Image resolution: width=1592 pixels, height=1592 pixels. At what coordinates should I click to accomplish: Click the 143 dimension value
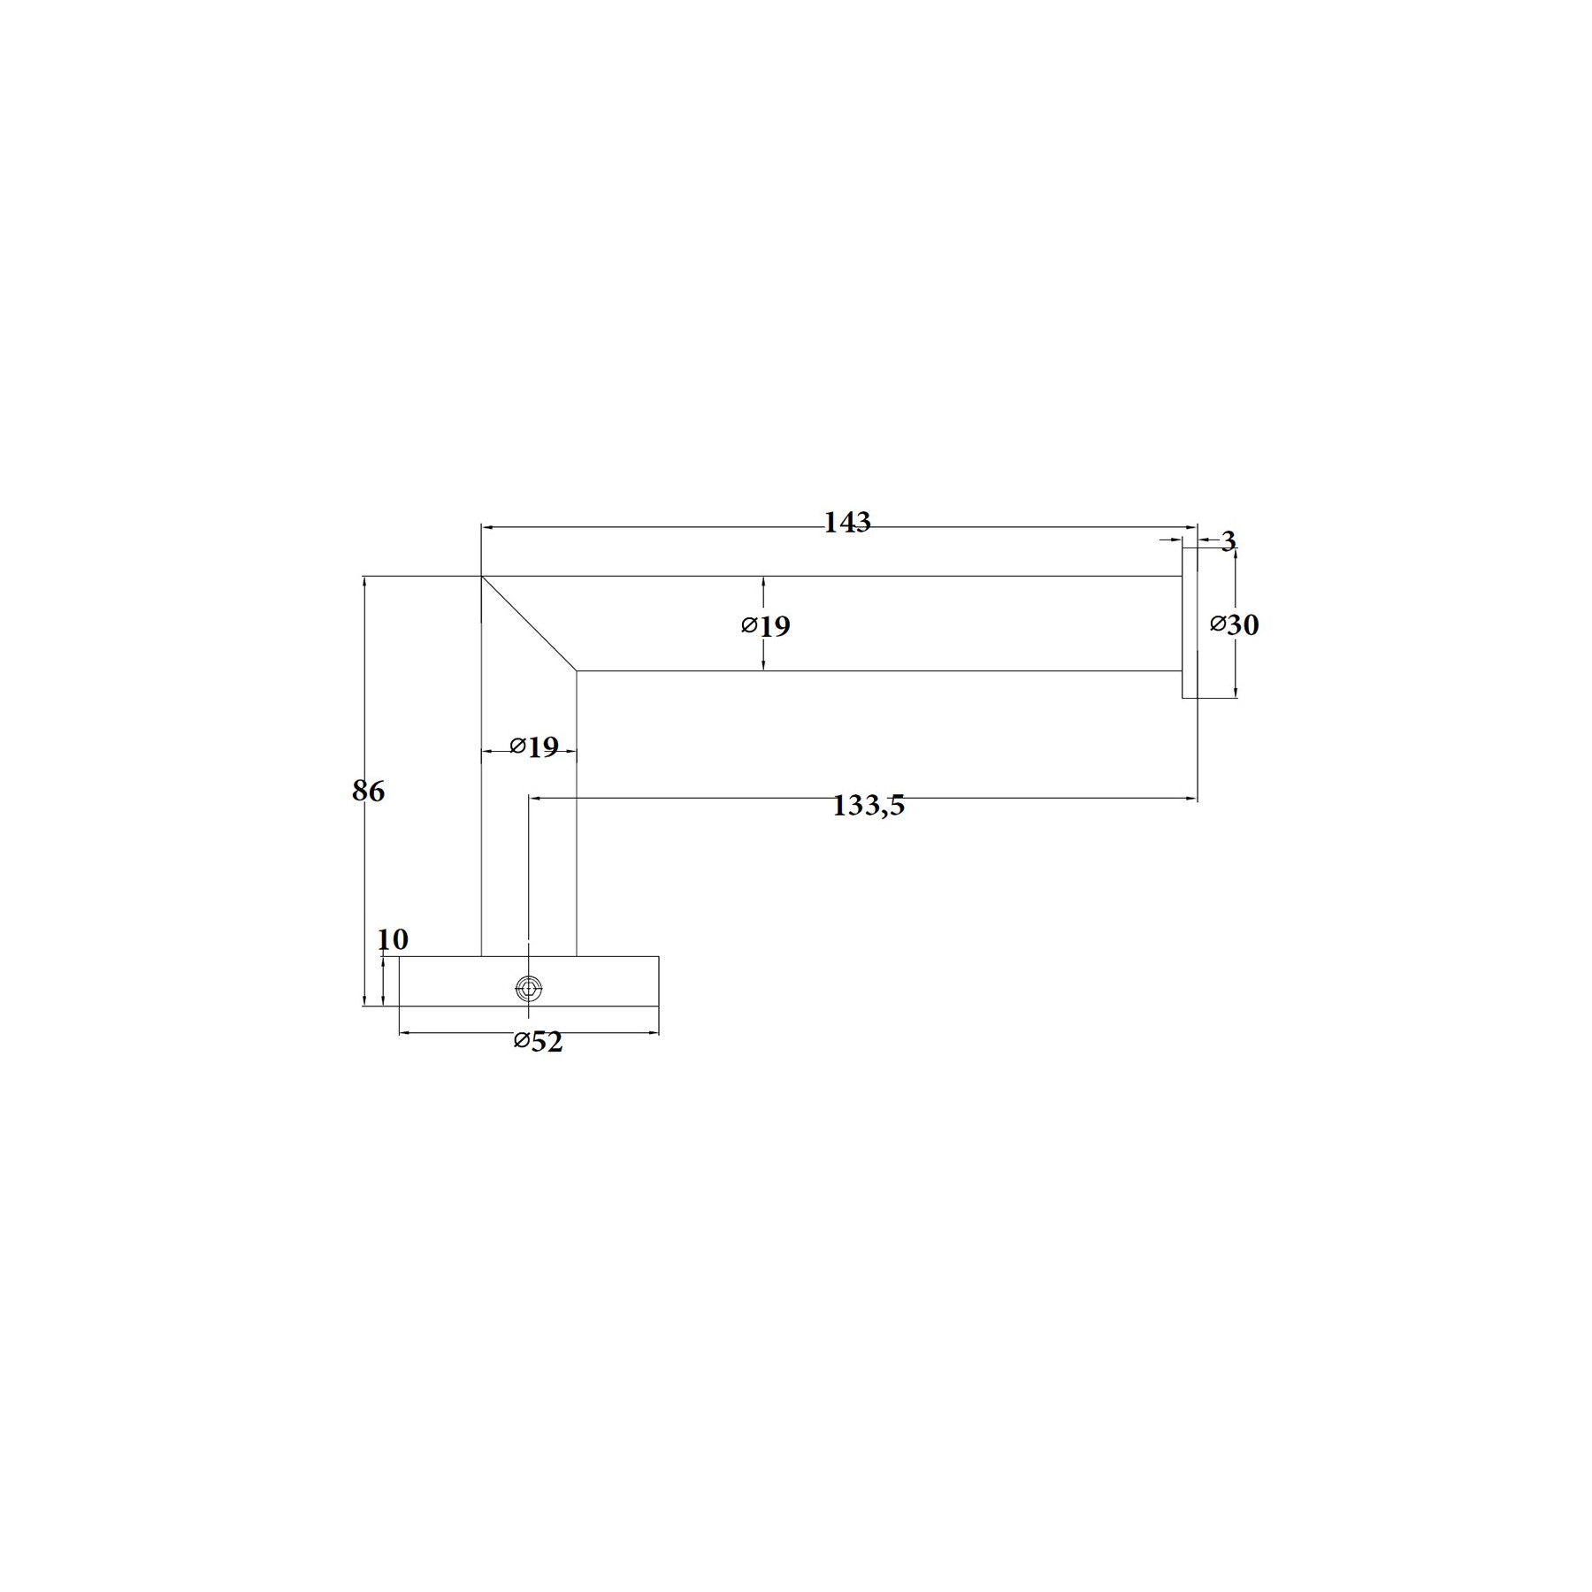(x=847, y=523)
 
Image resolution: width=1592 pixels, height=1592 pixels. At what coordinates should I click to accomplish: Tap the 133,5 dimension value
(x=869, y=807)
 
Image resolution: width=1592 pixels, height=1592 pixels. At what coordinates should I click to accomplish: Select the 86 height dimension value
(x=368, y=791)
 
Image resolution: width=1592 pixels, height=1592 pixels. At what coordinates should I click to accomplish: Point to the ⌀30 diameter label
(x=1234, y=624)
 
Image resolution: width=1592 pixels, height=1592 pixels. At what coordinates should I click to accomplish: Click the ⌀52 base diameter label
(x=538, y=1042)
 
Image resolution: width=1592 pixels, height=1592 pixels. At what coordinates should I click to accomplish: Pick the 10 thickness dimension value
(x=393, y=939)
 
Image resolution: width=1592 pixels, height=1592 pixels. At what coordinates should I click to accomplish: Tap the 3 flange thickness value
(x=1228, y=541)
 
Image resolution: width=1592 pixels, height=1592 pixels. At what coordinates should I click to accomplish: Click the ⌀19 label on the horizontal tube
(x=766, y=626)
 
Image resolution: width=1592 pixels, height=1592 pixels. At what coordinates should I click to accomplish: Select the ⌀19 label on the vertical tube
(x=534, y=747)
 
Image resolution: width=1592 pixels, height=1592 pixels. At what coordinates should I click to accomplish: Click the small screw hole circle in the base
(x=529, y=989)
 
